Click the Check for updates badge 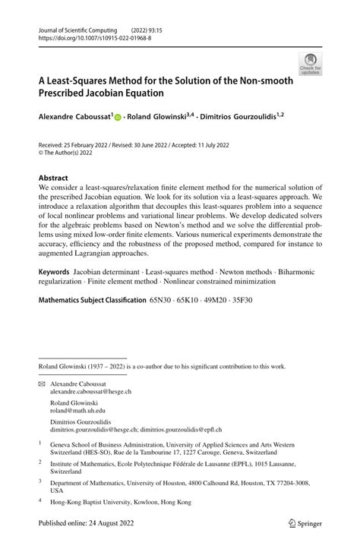point(310,66)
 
